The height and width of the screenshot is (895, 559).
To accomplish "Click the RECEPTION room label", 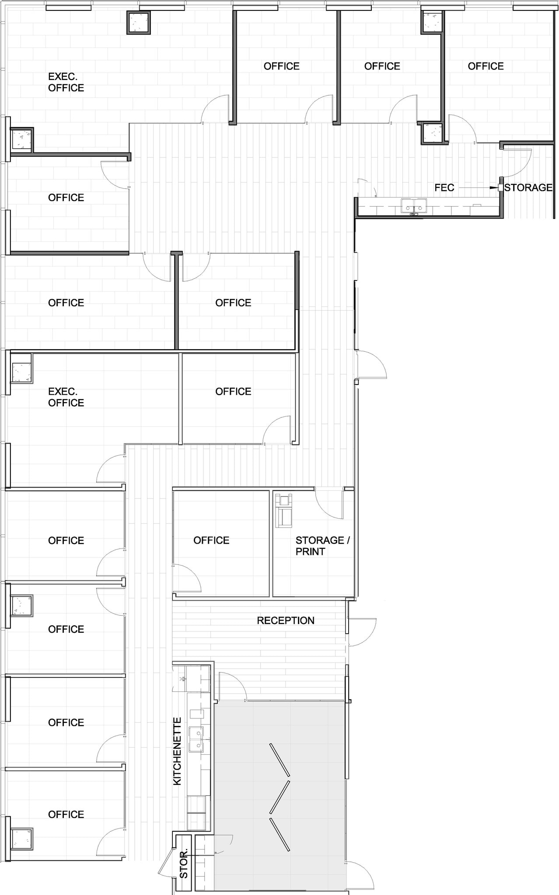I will coord(285,621).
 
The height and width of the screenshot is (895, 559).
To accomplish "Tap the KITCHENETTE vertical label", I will coord(177,751).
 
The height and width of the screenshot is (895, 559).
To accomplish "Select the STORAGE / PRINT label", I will coord(322,546).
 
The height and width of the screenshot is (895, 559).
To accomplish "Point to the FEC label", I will coord(444,187).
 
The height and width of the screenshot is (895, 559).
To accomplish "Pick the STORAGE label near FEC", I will coord(528,187).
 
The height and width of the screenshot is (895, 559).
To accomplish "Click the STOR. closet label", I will coord(184,864).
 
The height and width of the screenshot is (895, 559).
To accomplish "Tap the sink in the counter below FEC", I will coord(414,205).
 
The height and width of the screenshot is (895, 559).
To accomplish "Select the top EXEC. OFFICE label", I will coord(66,82).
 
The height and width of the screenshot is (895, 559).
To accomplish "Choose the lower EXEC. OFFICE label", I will coord(66,397).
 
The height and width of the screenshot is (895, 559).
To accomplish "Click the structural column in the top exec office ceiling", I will coord(139,23).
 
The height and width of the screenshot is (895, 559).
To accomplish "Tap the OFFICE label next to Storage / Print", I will coord(211,540).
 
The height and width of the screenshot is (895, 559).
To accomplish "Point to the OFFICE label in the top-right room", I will coord(486,66).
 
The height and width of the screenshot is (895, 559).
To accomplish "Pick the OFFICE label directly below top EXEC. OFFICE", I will coord(66,198).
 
